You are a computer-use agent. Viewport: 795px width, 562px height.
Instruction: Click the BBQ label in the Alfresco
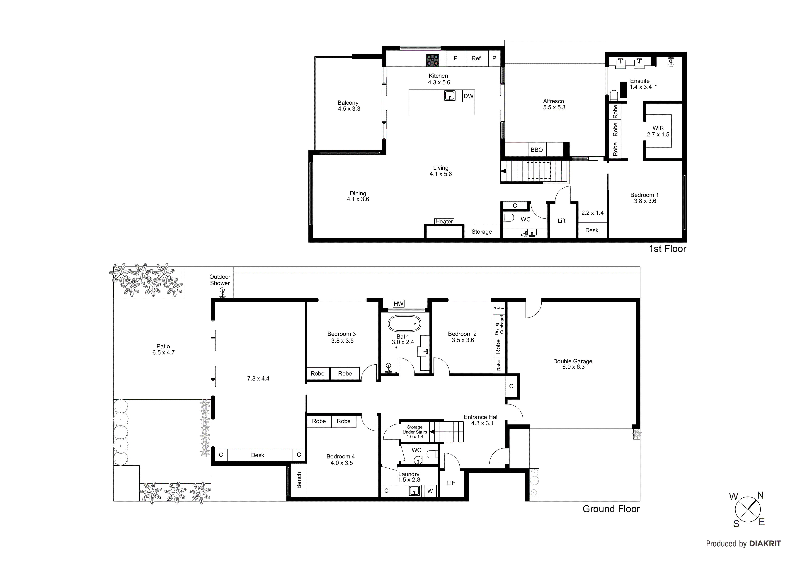point(537,150)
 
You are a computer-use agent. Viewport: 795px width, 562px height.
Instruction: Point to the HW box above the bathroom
point(399,304)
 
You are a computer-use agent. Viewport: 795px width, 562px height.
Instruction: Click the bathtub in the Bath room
point(404,324)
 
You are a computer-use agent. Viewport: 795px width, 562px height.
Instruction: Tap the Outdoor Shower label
point(220,280)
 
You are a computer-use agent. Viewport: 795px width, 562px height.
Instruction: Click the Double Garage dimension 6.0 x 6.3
point(573,367)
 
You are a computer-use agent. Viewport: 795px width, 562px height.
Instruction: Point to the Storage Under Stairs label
point(414,432)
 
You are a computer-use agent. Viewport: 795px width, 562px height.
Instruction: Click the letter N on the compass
point(760,496)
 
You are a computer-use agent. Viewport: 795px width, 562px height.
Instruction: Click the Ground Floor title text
point(611,509)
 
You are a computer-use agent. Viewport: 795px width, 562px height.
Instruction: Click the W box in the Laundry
point(430,491)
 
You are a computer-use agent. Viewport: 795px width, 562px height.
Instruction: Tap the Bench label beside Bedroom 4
point(299,480)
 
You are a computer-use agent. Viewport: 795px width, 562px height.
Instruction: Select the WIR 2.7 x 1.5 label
point(658,131)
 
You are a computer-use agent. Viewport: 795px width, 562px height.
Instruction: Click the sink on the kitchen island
point(449,96)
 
